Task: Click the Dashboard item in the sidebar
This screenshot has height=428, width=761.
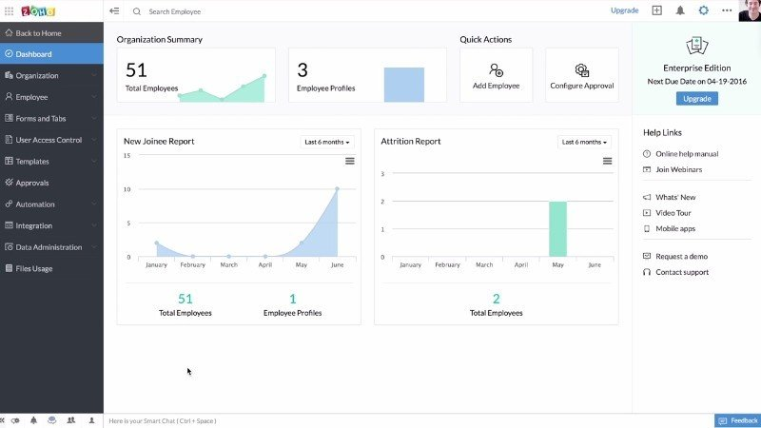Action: (x=51, y=54)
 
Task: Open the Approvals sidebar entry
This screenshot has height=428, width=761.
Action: (x=32, y=183)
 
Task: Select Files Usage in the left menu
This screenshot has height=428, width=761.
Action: (x=33, y=268)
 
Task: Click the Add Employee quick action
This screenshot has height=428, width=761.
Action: (x=496, y=75)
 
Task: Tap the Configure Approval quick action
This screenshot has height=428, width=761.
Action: (x=582, y=75)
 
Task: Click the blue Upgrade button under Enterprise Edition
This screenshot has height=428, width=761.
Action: (x=697, y=99)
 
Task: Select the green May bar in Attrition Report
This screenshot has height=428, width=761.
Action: (x=557, y=228)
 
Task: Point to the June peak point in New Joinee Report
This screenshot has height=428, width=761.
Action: (x=337, y=188)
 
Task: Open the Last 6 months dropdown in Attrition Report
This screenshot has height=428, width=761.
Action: (x=584, y=142)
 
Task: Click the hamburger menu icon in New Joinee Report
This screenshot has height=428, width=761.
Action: (x=349, y=161)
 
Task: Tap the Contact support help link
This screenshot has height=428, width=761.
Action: (x=682, y=272)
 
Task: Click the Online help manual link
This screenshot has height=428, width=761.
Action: (x=687, y=154)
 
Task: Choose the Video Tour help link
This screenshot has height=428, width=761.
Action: (x=673, y=213)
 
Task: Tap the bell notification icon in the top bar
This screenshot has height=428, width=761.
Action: (x=680, y=10)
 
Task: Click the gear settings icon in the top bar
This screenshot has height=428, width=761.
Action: (x=703, y=10)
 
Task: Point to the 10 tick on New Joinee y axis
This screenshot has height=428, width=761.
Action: (x=127, y=189)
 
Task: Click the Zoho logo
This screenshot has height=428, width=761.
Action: (x=38, y=11)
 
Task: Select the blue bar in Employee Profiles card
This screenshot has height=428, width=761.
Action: (x=403, y=85)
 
